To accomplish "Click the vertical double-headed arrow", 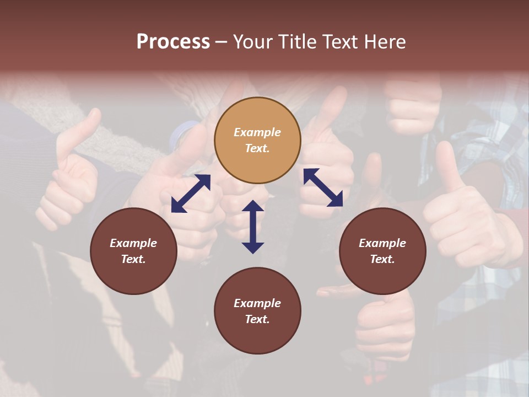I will (253, 227).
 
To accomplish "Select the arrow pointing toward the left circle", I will (191, 194).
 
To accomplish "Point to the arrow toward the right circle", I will (323, 187).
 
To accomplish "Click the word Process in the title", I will (173, 41).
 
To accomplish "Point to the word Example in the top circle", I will (257, 132).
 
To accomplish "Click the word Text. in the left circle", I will (133, 259).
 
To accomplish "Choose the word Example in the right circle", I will (382, 243).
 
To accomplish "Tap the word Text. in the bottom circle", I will (257, 319).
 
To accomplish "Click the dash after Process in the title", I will (222, 42).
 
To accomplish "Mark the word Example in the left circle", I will (133, 243).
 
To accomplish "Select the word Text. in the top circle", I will (257, 148).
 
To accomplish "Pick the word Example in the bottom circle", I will (257, 303).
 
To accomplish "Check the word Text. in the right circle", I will (382, 259).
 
